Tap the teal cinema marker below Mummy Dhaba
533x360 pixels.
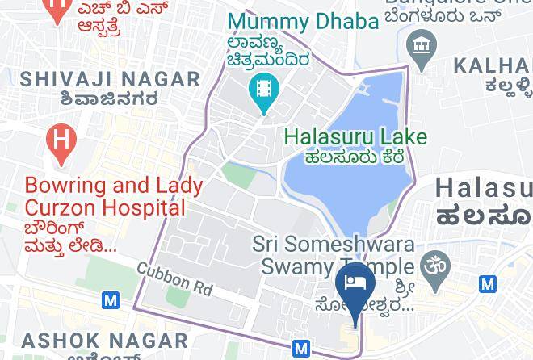(264, 86)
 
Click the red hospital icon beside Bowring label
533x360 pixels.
(61, 142)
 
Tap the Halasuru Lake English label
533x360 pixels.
(355, 136)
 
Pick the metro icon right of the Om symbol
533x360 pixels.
(488, 283)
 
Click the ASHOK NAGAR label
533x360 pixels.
(77, 340)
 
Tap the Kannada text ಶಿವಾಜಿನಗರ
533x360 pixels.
(107, 98)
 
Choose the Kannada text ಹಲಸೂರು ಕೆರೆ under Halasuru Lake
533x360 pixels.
(354, 157)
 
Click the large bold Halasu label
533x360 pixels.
(485, 188)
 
